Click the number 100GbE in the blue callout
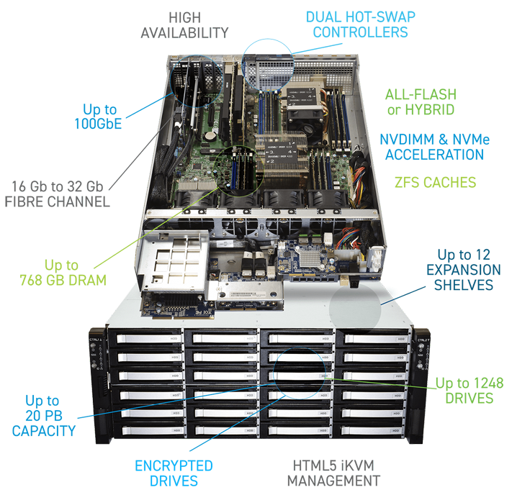pyautogui.click(x=98, y=124)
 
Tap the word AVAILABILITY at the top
pyautogui.click(x=184, y=33)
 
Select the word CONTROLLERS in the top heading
pyautogui.click(x=361, y=32)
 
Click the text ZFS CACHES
pyautogui.click(x=435, y=183)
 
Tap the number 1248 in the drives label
pyautogui.click(x=488, y=383)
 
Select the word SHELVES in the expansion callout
pyautogui.click(x=463, y=285)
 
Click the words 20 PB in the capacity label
pyautogui.click(x=44, y=416)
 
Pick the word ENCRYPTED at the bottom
pyautogui.click(x=174, y=466)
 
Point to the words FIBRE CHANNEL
pyautogui.click(x=57, y=201)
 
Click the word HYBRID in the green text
pyautogui.click(x=430, y=110)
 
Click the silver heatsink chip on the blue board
pyautogui.click(x=310, y=257)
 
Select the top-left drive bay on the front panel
pyautogui.click(x=145, y=338)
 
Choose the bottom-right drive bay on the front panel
pyautogui.click(x=372, y=431)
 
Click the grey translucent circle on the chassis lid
pyautogui.click(x=355, y=309)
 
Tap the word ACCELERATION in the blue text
pyautogui.click(x=434, y=155)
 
